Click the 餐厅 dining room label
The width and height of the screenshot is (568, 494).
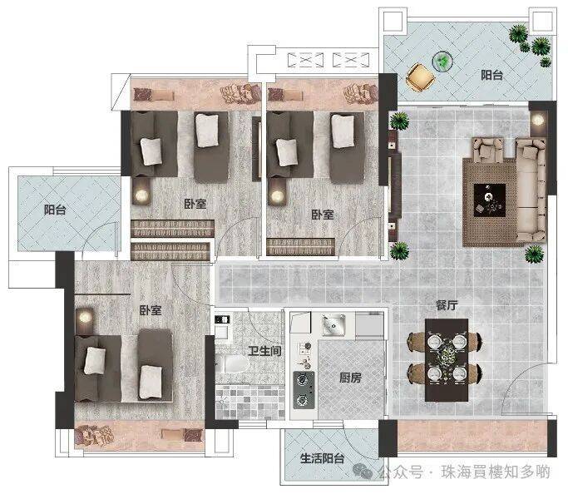click(x=447, y=305)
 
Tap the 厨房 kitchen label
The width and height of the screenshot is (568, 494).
click(x=350, y=378)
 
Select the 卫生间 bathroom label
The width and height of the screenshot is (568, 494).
click(x=264, y=351)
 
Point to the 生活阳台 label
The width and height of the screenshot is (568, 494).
click(x=322, y=458)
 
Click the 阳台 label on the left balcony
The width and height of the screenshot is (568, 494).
click(x=55, y=210)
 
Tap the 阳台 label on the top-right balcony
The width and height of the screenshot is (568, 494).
click(x=491, y=75)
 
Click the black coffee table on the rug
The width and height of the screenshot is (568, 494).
click(x=490, y=200)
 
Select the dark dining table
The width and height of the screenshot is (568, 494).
click(x=447, y=360)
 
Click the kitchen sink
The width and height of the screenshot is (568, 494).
click(x=333, y=325)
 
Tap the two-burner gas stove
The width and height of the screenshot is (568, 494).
click(x=304, y=390)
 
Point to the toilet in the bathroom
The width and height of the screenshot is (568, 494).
click(x=232, y=364)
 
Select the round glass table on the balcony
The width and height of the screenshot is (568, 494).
click(x=443, y=61)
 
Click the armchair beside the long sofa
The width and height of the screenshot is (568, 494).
click(x=487, y=150)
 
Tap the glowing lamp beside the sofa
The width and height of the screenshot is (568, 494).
click(x=538, y=120)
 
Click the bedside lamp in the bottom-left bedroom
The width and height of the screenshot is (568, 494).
click(x=84, y=318)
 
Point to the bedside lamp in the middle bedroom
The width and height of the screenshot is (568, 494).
click(x=278, y=196)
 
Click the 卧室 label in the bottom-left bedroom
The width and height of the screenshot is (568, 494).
click(x=151, y=310)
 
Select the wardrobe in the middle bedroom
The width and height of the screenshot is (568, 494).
click(x=301, y=247)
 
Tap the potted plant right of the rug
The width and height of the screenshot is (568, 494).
click(x=534, y=254)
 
